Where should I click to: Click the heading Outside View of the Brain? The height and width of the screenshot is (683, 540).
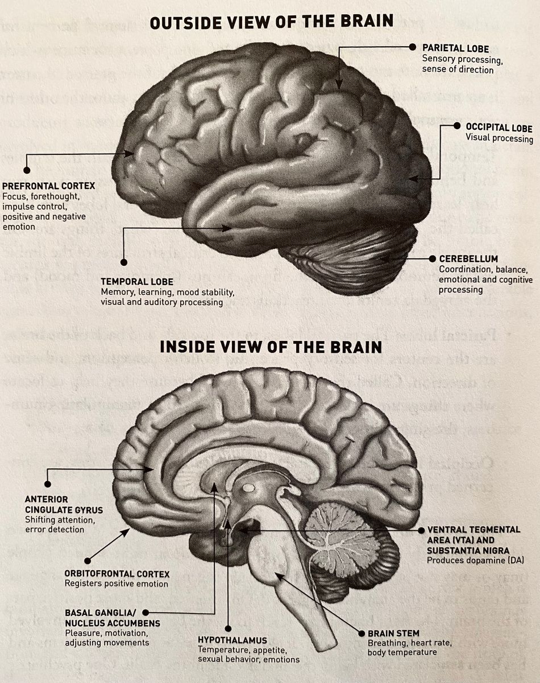click(x=271, y=21)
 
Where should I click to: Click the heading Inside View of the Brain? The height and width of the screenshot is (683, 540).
click(x=271, y=346)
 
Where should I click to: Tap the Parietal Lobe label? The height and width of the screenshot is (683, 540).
click(x=455, y=49)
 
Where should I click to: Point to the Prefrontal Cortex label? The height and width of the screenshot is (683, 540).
click(x=48, y=186)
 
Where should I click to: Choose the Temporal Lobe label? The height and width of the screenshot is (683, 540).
click(x=137, y=281)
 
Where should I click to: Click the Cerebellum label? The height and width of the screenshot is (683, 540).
click(x=468, y=259)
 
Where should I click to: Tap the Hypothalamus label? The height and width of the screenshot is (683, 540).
click(x=232, y=640)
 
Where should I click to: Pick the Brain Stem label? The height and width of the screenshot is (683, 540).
click(x=393, y=633)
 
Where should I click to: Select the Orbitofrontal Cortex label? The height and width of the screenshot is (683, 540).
click(x=117, y=574)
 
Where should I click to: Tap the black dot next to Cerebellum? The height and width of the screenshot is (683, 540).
click(x=433, y=259)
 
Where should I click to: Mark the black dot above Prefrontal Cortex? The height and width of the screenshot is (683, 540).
click(x=26, y=170)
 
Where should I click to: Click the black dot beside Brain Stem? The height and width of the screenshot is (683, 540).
click(x=360, y=632)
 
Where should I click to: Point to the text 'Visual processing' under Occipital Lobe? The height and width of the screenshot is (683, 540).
click(x=499, y=138)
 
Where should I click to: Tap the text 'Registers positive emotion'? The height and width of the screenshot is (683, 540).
click(x=116, y=584)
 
